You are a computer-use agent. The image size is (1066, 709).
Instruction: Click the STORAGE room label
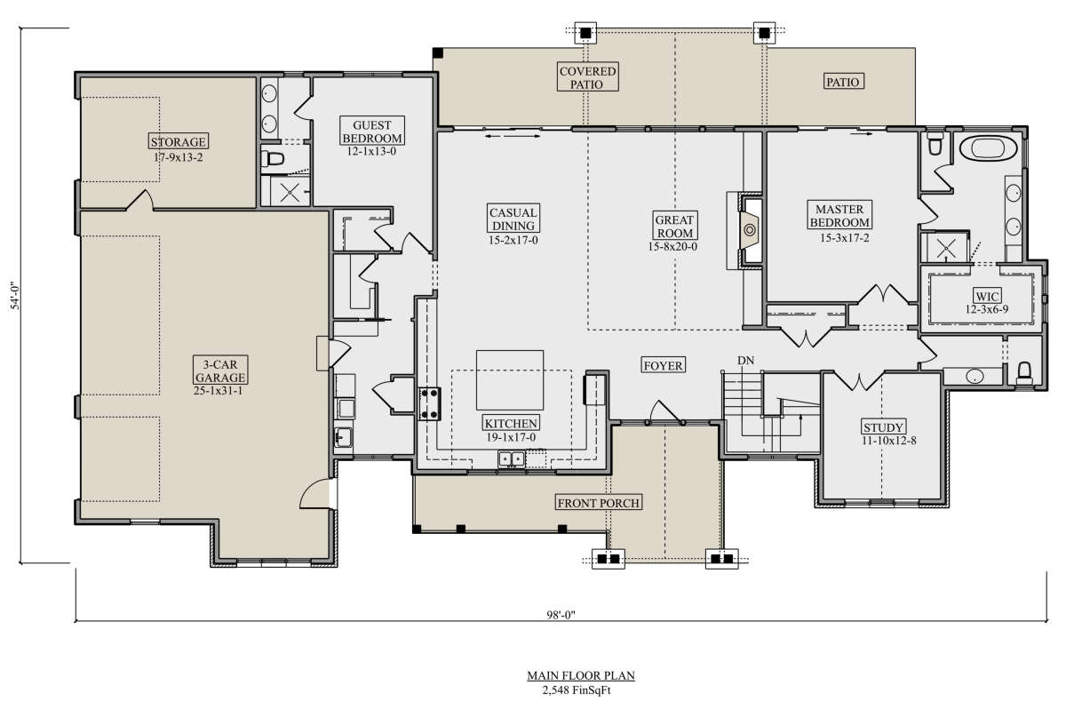178,141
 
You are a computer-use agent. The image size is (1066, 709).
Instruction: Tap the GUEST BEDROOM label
372,131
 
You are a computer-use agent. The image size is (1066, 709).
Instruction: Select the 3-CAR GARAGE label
220,370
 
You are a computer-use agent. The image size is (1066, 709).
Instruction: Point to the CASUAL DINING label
513,219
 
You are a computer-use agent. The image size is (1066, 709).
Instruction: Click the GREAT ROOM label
674,226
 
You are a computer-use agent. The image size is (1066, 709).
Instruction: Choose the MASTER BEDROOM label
839,215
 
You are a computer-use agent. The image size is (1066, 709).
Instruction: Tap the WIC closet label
987,296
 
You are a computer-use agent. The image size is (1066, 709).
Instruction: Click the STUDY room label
883,426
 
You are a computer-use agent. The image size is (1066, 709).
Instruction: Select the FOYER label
663,365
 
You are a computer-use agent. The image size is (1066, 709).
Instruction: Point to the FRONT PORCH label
598,503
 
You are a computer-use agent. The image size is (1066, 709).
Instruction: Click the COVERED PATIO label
588,77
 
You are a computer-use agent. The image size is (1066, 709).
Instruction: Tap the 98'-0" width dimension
561,615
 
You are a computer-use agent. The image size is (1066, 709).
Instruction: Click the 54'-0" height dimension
16,297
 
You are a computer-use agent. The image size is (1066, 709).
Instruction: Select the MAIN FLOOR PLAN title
581,675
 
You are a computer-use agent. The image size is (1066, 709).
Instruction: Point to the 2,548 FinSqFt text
577,690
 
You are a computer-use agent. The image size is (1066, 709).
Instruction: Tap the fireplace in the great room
749,230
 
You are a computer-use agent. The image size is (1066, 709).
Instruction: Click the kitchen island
510,380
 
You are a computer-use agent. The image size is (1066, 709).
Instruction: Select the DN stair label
745,361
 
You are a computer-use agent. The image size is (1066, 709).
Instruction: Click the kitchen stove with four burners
429,403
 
